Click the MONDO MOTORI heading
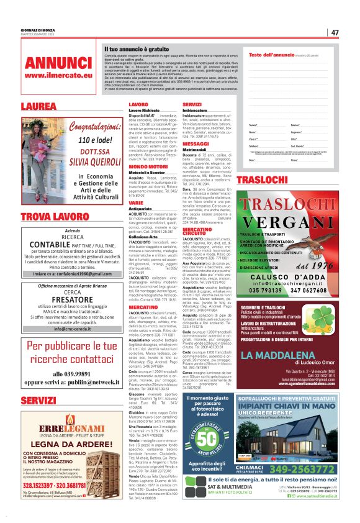(148, 166)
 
